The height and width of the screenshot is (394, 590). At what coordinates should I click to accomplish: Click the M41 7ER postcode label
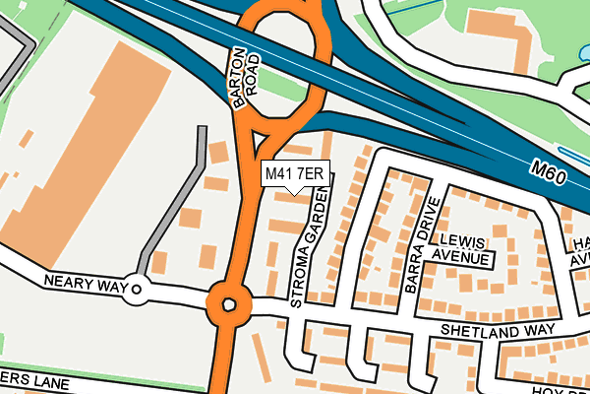(x=294, y=174)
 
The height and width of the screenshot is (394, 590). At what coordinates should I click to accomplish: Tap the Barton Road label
(x=247, y=77)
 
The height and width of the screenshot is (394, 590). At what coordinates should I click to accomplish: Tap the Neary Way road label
(x=87, y=283)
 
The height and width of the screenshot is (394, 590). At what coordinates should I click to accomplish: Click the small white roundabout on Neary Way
(x=136, y=290)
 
